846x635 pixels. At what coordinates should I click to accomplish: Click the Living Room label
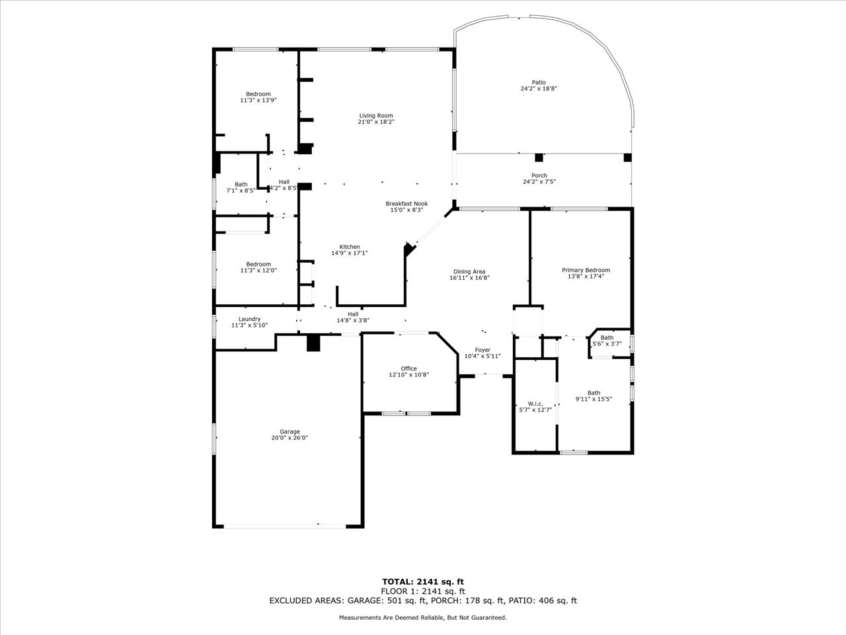pyautogui.click(x=376, y=116)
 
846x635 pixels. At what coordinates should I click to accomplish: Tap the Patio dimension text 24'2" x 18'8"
pyautogui.click(x=539, y=88)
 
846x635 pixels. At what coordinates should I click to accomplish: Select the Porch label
pyautogui.click(x=539, y=175)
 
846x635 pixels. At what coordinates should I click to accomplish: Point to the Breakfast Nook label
pyautogui.click(x=406, y=204)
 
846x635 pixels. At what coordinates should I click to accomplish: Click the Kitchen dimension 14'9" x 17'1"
pyautogui.click(x=350, y=253)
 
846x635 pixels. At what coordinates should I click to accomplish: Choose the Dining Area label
pyautogui.click(x=469, y=271)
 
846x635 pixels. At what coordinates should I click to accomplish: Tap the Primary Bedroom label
pyautogui.click(x=586, y=270)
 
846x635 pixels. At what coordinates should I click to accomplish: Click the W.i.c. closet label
pyautogui.click(x=535, y=403)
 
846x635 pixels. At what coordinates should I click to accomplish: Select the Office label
pyautogui.click(x=408, y=368)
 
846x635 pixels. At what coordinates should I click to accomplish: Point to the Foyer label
pyautogui.click(x=482, y=350)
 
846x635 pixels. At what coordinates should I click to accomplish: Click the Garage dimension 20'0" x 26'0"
pyautogui.click(x=289, y=438)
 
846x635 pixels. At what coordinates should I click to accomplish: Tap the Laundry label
pyautogui.click(x=249, y=319)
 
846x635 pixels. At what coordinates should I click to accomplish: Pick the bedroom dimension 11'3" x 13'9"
pyautogui.click(x=258, y=101)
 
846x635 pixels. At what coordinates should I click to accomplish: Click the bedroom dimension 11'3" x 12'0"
pyautogui.click(x=258, y=271)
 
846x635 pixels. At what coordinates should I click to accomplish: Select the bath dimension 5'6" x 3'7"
pyautogui.click(x=607, y=343)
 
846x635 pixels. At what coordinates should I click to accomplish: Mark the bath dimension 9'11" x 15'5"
pyautogui.click(x=594, y=399)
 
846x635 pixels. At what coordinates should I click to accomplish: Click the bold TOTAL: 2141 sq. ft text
pyautogui.click(x=423, y=581)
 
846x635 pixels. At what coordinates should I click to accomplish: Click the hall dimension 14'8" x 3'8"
pyautogui.click(x=353, y=320)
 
